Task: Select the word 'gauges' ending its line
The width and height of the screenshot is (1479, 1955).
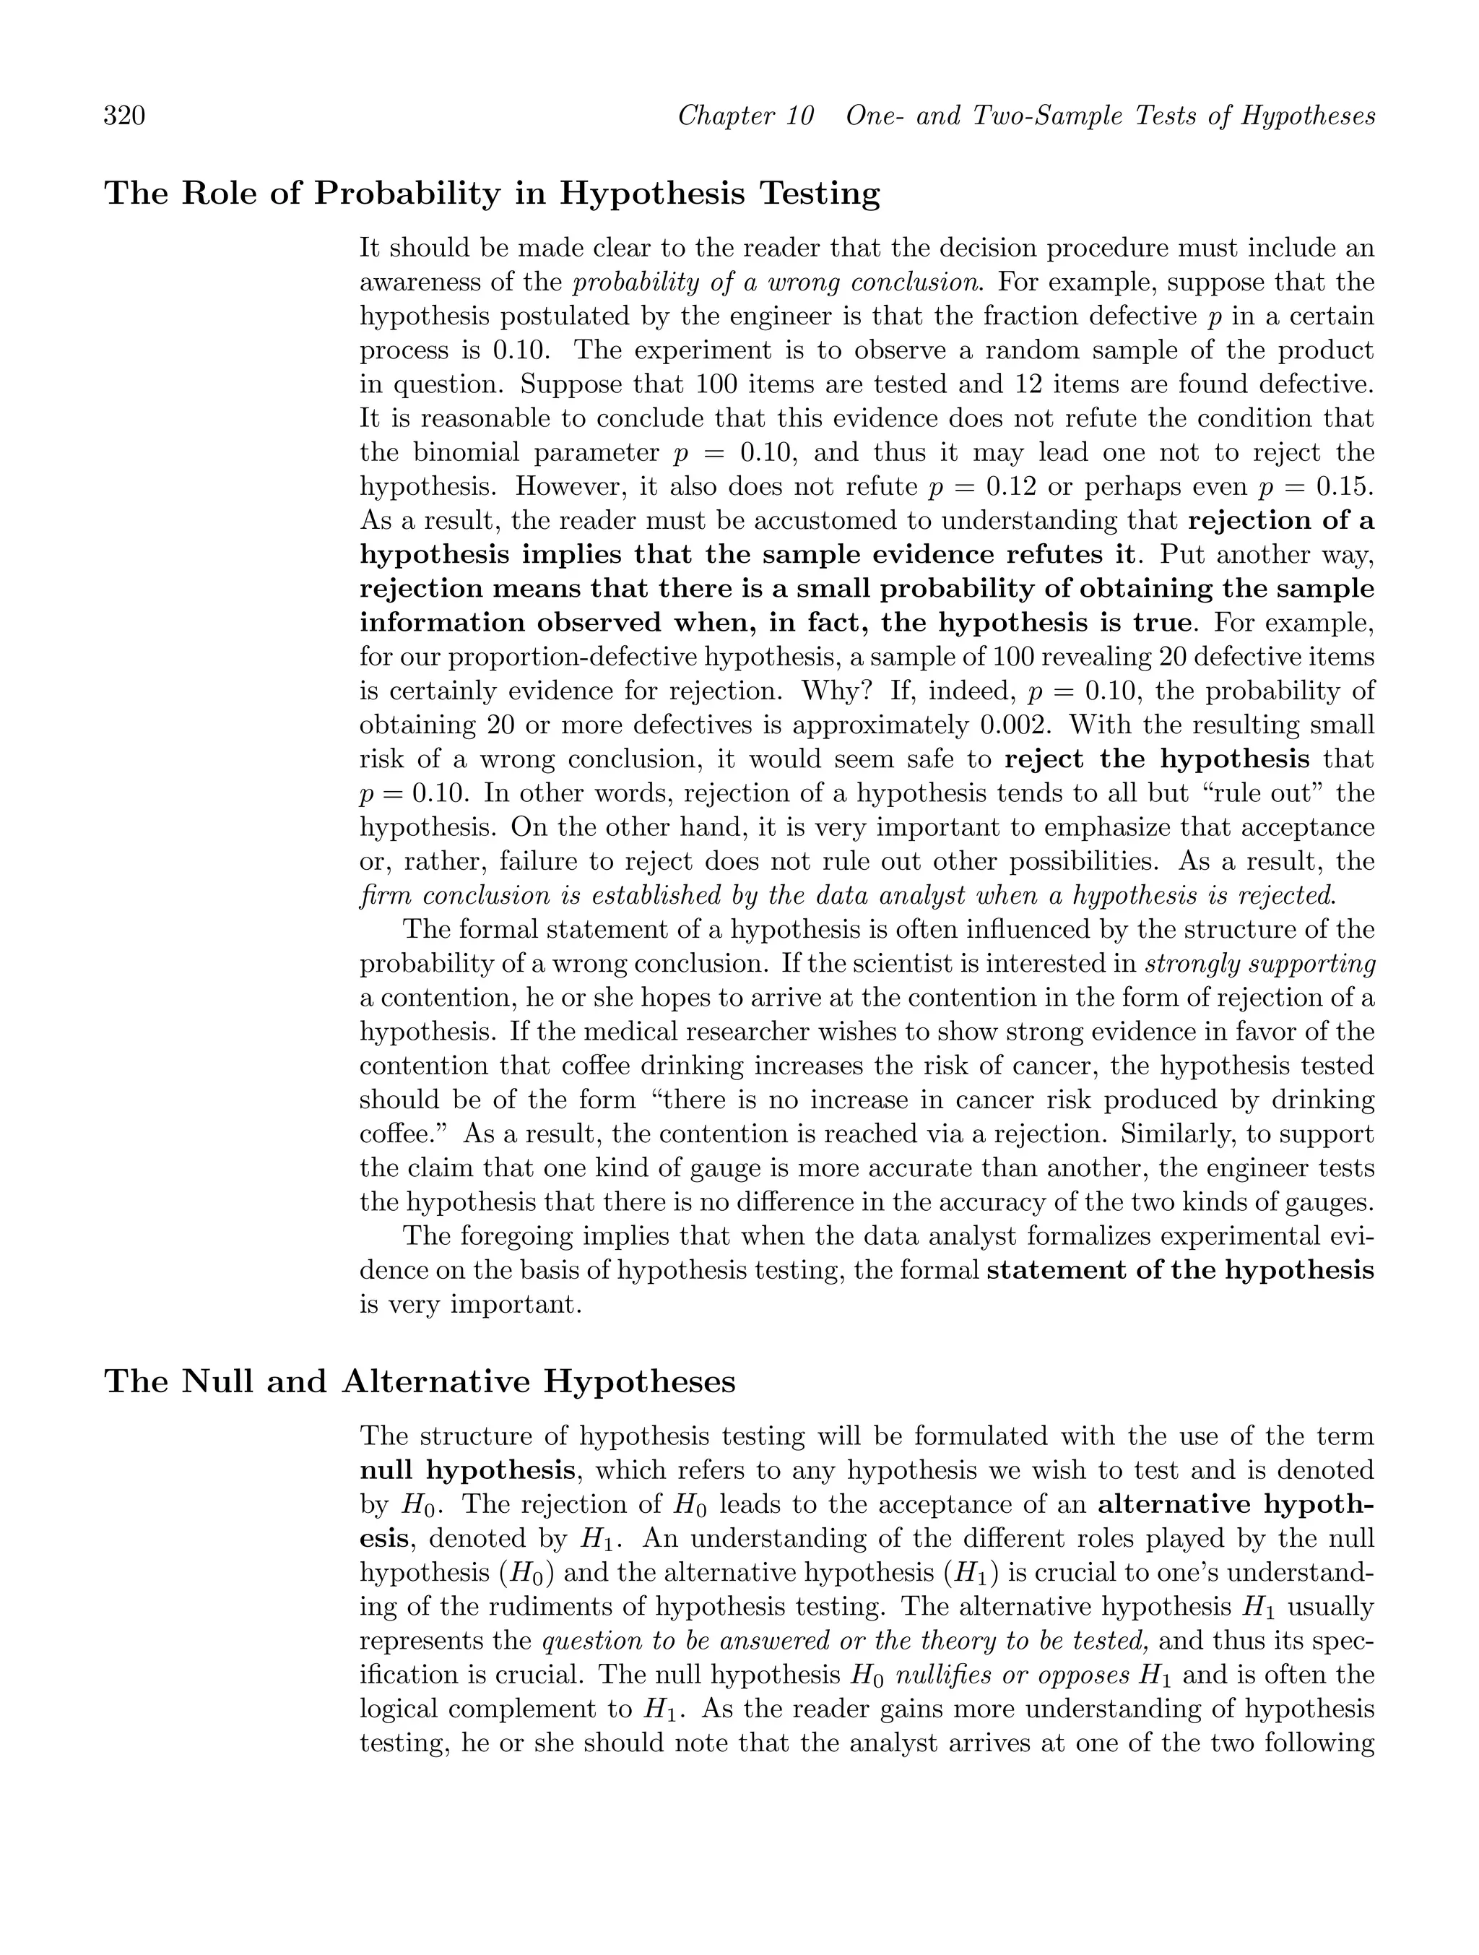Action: [x=1333, y=1203]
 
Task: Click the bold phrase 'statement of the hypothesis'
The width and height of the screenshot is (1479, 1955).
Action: [x=1180, y=1271]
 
